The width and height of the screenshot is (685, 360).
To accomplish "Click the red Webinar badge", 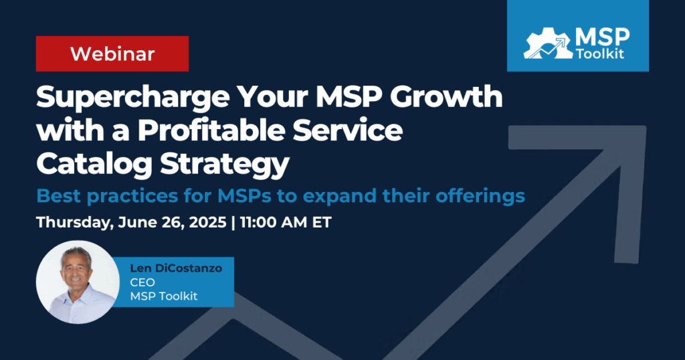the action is coord(112,54).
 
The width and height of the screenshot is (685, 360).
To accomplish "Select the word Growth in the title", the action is coord(446,96).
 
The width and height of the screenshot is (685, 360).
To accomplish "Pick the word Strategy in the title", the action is coord(225,165).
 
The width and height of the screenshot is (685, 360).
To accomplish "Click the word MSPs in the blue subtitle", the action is coord(245,196).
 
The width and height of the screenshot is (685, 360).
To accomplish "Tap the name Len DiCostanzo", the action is coord(176,268).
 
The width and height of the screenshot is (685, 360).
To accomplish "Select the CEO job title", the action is coord(142,282).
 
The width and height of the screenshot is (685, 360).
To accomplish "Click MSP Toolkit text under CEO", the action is coord(164,296).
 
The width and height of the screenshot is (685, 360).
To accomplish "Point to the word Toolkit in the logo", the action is coord(600,54).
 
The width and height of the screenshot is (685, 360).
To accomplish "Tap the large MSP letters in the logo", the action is coord(603,37).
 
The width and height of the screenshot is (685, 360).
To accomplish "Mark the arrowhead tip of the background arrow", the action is coord(645,127).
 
